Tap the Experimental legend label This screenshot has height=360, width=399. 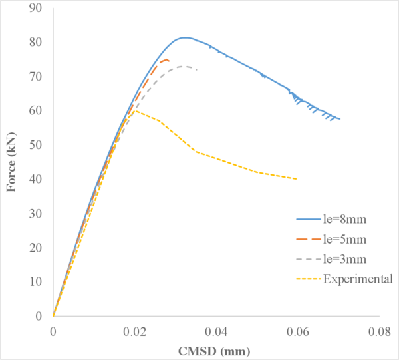pyautogui.click(x=358, y=278)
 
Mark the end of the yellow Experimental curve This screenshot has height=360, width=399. pyautogui.click(x=297, y=179)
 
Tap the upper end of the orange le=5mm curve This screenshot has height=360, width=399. pyautogui.click(x=167, y=60)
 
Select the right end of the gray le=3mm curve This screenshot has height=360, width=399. pyautogui.click(x=196, y=69)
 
